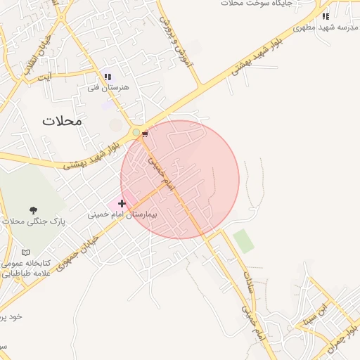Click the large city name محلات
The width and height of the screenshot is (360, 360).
click(x=62, y=120)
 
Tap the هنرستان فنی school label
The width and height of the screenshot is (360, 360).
click(x=109, y=87)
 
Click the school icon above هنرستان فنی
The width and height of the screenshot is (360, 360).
click(x=108, y=77)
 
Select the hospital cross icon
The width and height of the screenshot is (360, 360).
click(x=122, y=203)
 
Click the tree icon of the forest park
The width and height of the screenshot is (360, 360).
click(x=33, y=210)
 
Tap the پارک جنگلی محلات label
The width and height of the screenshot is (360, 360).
click(x=33, y=221)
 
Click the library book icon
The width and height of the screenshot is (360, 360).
click(x=26, y=252)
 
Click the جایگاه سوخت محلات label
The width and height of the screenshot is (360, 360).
click(x=252, y=4)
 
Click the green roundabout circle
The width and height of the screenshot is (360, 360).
click(x=136, y=131)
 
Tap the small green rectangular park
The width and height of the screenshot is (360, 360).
click(x=243, y=240)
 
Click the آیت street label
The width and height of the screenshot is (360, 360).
click(x=44, y=76)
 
